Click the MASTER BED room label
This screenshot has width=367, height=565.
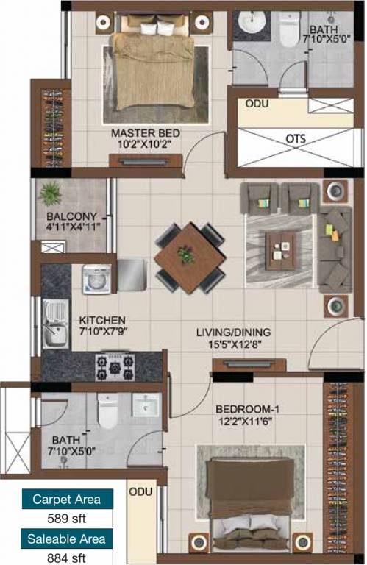click(146, 133)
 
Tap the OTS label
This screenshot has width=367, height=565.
click(295, 138)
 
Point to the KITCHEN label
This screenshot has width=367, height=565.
click(102, 321)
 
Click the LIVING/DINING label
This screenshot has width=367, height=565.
click(232, 332)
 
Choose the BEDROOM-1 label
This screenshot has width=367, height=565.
click(247, 409)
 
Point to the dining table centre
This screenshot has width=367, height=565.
click(189, 256)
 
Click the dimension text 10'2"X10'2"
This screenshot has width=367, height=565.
click(146, 145)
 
